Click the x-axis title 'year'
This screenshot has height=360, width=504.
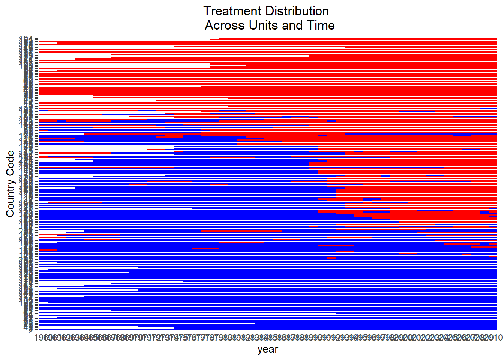pyautogui.click(x=268, y=349)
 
